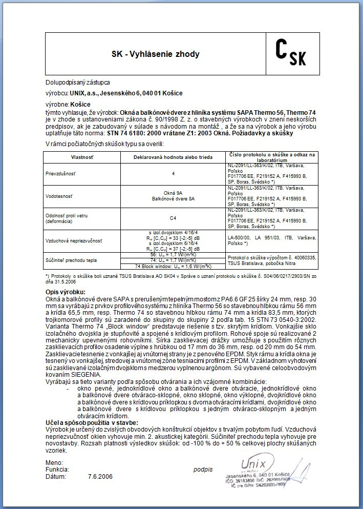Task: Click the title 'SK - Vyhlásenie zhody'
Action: pyautogui.click(x=156, y=54)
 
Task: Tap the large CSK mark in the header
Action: pyautogui.click(x=290, y=53)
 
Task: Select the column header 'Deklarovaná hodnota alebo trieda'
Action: pyautogui.click(x=173, y=155)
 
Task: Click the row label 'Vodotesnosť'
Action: pyautogui.click(x=59, y=195)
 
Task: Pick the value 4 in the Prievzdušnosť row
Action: pyautogui.click(x=173, y=173)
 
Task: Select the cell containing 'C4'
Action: pyautogui.click(x=173, y=218)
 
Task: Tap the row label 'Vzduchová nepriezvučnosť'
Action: pyautogui.click(x=73, y=240)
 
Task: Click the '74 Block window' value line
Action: pyautogui.click(x=173, y=267)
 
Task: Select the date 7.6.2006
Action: pyautogui.click(x=100, y=476)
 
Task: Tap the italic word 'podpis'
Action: pyautogui.click(x=203, y=469)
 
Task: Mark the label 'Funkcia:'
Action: pyautogui.click(x=57, y=469)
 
